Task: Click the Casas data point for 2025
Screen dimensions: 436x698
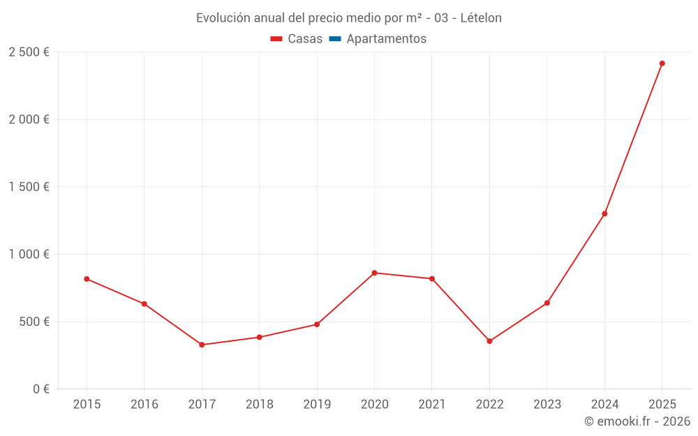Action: [662, 63]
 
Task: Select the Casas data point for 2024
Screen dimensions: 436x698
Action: [604, 213]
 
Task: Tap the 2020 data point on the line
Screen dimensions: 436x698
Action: [374, 273]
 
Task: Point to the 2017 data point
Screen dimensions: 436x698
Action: [202, 345]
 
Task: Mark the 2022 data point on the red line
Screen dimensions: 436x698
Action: [489, 341]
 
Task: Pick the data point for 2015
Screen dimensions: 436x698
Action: [87, 279]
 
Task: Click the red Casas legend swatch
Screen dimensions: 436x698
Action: [276, 39]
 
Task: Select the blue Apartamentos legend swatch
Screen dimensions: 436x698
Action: [335, 39]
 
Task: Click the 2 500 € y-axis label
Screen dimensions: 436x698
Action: [29, 52]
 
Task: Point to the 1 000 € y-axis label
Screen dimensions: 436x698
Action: [29, 255]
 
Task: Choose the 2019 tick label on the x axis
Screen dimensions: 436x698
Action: [317, 405]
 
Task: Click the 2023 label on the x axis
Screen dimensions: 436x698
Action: [547, 405]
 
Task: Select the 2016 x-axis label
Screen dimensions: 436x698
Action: [144, 405]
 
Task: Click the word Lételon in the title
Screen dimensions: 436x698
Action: [481, 18]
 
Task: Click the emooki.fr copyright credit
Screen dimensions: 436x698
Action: [637, 421]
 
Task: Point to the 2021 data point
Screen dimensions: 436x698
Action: [432, 279]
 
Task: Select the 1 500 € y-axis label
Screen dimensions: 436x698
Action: [29, 187]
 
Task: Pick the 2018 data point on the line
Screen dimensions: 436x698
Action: [259, 338]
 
